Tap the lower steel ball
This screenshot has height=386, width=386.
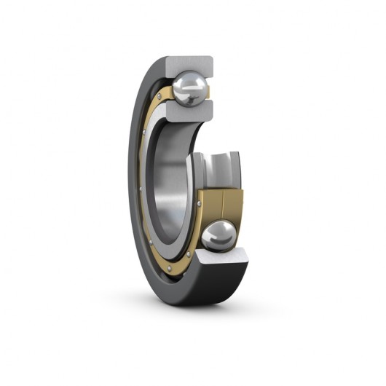(x=218, y=236)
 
